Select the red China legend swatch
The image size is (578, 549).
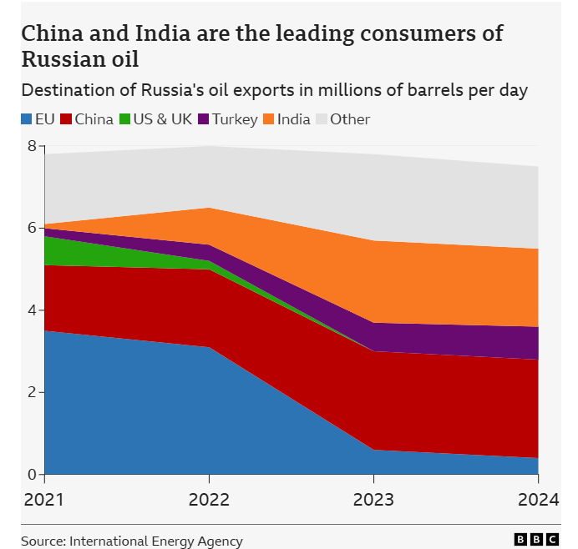pyautogui.click(x=67, y=119)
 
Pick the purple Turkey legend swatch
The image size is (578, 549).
pyautogui.click(x=204, y=119)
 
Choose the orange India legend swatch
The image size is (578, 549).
pyautogui.click(x=270, y=119)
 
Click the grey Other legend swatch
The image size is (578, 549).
pyautogui.click(x=322, y=119)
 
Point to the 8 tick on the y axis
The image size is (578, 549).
pyautogui.click(x=32, y=146)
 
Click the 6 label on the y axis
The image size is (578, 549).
pyautogui.click(x=32, y=228)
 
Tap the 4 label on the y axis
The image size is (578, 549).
pyautogui.click(x=32, y=310)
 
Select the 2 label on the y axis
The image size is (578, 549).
pyautogui.click(x=32, y=392)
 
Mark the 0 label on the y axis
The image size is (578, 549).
pyautogui.click(x=32, y=474)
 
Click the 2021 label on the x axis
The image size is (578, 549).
pyautogui.click(x=44, y=501)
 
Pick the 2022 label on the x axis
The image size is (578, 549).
pyautogui.click(x=209, y=501)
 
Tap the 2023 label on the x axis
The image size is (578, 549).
pyautogui.click(x=373, y=501)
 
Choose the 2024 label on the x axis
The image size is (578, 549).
pyautogui.click(x=538, y=501)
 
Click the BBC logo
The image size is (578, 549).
pyautogui.click(x=537, y=541)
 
